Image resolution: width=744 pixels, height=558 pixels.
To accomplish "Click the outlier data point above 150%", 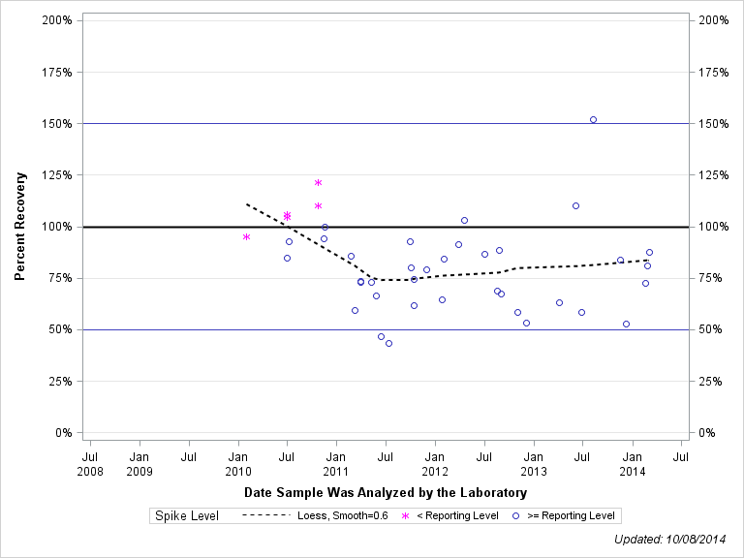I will pos(593,119).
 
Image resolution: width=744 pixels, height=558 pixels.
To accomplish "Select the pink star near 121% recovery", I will pos(318,183).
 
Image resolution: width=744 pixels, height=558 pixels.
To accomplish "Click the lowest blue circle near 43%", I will pos(388,343).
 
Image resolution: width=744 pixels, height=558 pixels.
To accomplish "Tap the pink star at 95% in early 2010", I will pos(246,236).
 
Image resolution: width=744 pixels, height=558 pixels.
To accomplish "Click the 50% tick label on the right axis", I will pos(709,329).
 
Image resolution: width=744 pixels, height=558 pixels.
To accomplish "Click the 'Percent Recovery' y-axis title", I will pos(20,227).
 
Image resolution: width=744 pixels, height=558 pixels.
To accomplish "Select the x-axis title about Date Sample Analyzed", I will pos(386,493).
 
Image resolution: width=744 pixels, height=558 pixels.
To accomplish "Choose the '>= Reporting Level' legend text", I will pos(571,515).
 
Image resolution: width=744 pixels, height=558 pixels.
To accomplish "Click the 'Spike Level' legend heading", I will pos(187,515).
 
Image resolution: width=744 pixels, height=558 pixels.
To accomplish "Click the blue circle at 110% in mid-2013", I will pos(575,205).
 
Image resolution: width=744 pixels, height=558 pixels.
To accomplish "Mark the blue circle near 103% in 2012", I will pos(464,220).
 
